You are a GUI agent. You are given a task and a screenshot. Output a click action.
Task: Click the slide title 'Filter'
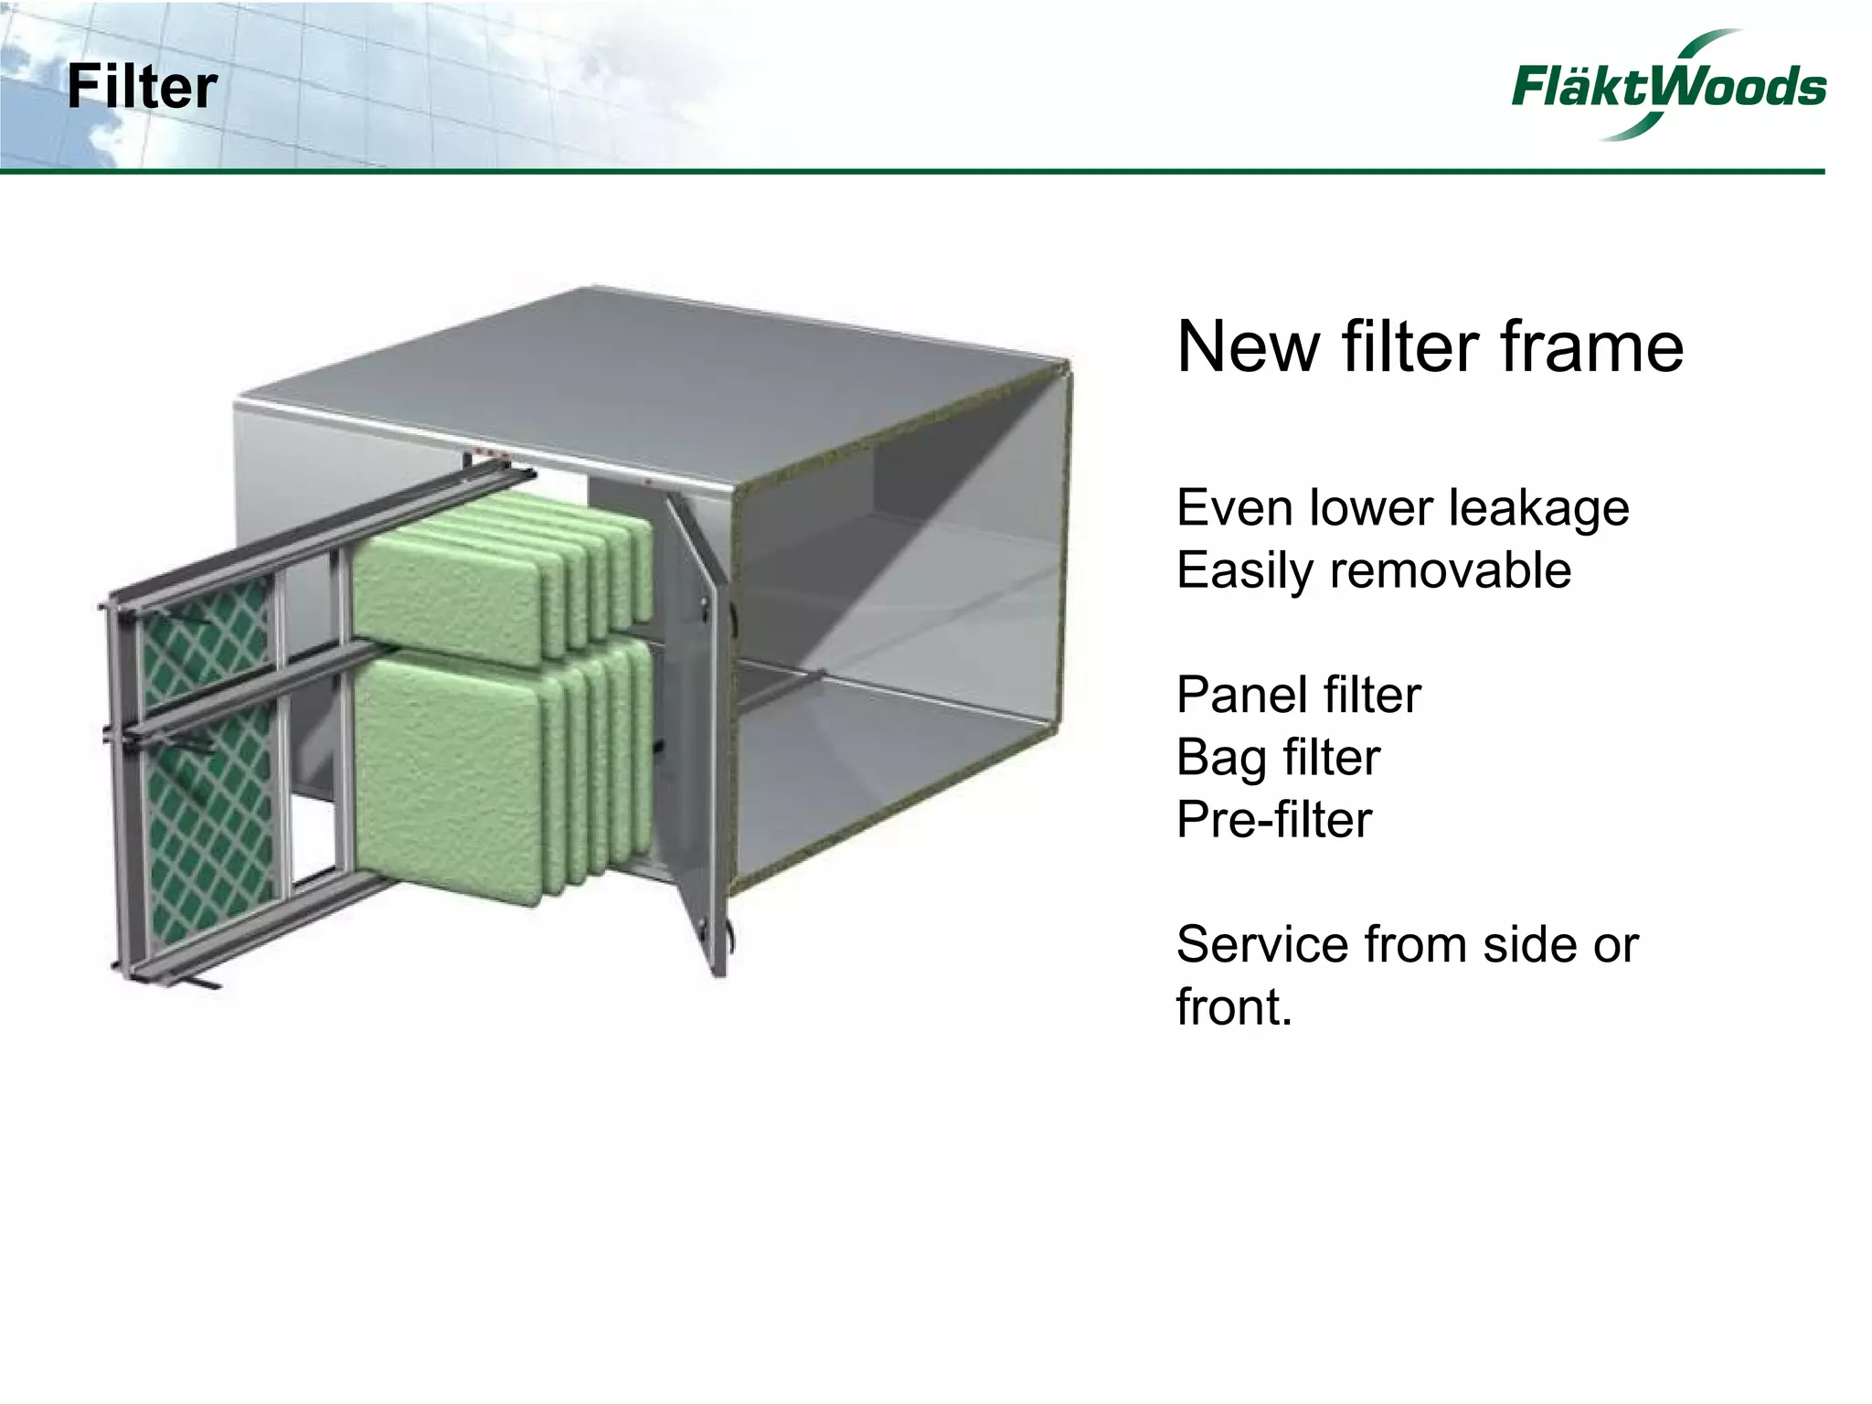[x=142, y=88]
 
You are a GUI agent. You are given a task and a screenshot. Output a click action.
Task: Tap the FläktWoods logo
[x=1667, y=86]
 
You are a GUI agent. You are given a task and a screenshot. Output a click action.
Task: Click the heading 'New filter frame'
[x=1430, y=347]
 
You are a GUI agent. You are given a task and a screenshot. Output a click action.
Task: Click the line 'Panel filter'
[x=1298, y=695]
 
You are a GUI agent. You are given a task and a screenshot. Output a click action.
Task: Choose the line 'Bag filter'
[x=1278, y=757]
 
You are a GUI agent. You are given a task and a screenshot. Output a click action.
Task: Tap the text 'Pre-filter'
[x=1274, y=819]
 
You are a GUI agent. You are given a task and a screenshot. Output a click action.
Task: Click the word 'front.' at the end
[x=1234, y=1007]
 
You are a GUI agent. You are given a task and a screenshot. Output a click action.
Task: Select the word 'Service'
[x=1262, y=944]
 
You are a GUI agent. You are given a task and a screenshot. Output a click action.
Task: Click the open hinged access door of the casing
[x=699, y=731]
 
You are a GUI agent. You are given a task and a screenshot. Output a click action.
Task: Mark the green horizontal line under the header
[x=914, y=171]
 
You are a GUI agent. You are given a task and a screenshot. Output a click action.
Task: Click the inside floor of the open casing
[x=905, y=768]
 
